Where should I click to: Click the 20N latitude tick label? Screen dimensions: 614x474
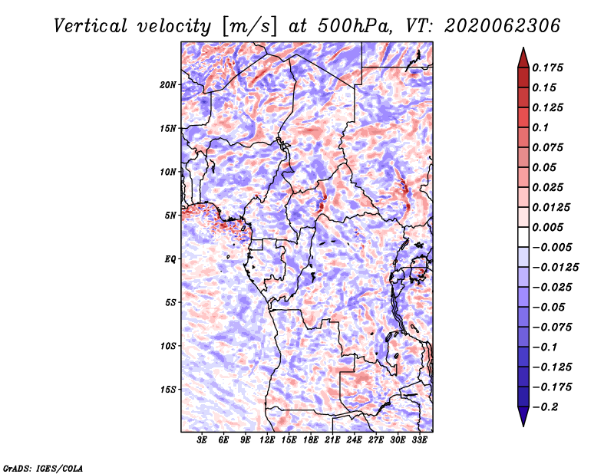click(168, 85)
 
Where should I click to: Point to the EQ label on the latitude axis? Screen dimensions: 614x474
click(170, 259)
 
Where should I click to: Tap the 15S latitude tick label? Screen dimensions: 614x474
click(168, 390)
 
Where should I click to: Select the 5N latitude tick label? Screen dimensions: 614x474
click(170, 216)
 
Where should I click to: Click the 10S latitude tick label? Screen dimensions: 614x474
click(168, 346)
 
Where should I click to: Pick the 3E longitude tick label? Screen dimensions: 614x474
click(202, 440)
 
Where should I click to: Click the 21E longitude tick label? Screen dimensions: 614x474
click(332, 440)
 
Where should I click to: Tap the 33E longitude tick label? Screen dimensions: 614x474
click(419, 440)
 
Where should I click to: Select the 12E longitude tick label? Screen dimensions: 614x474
click(267, 440)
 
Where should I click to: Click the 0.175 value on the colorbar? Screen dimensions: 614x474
click(547, 67)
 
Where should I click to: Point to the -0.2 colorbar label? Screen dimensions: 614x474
click(546, 407)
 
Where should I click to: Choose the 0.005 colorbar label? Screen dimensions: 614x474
click(547, 227)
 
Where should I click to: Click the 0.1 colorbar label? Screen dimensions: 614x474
click(540, 127)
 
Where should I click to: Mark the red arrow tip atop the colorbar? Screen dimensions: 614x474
click(523, 48)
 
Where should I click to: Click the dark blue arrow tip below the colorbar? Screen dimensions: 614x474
click(523, 426)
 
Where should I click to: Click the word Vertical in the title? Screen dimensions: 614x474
click(91, 26)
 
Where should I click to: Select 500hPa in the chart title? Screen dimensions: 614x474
click(355, 26)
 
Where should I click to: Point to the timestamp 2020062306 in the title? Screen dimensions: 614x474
click(503, 26)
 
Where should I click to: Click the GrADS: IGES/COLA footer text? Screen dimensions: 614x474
click(43, 469)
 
